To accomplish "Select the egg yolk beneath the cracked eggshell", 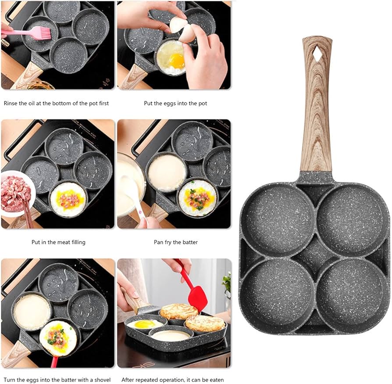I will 177,61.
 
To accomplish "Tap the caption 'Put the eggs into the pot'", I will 175,104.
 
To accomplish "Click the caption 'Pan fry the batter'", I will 175,242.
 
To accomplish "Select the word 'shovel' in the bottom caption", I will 101,380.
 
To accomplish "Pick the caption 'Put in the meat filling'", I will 58,242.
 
